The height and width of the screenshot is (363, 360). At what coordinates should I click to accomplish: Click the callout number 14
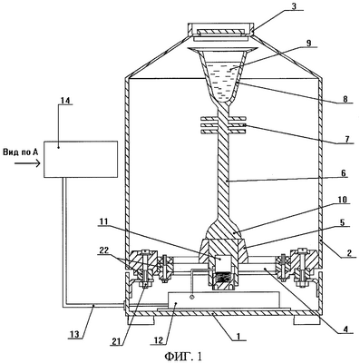pos(65,100)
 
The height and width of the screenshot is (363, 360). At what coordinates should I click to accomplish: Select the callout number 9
pos(307,43)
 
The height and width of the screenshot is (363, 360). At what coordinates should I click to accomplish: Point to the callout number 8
pos(345,99)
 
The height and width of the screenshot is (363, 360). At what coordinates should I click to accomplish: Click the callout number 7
pos(347,139)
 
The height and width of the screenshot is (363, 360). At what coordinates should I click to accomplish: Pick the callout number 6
pos(344,173)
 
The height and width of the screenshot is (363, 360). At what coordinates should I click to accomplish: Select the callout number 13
pos(74,335)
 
